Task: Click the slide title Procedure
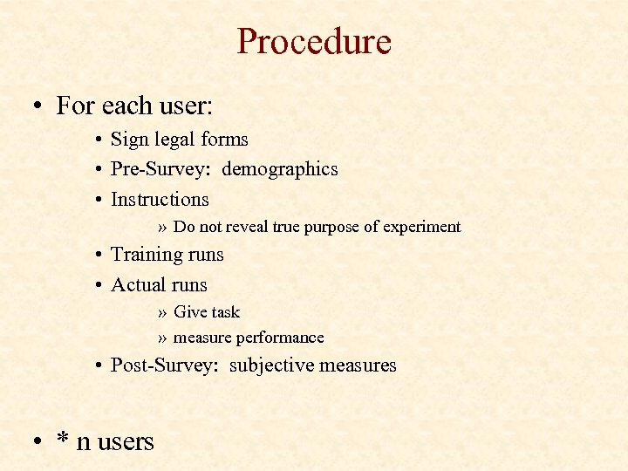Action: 314,41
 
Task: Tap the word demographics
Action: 279,169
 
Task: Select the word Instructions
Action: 160,199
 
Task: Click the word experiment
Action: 422,227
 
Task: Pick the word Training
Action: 144,255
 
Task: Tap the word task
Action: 224,312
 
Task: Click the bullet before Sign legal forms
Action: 102,140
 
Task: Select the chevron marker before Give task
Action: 163,312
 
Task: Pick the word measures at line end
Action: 358,365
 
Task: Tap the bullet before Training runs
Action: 102,255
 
